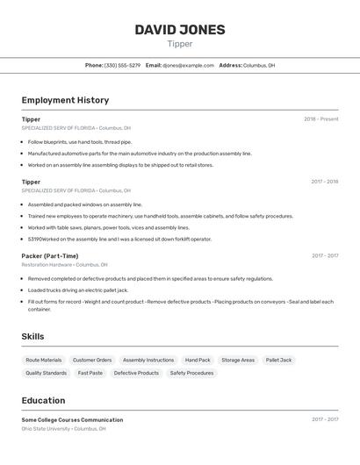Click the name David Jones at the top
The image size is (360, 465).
click(180, 30)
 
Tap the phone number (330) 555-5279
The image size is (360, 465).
click(122, 65)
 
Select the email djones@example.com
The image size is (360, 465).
click(188, 65)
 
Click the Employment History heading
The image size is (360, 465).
click(65, 100)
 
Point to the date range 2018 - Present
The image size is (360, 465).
click(320, 119)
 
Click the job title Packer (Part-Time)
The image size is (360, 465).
click(50, 256)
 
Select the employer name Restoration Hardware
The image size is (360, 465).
click(47, 264)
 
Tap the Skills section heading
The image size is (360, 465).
click(32, 336)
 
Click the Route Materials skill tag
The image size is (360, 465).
click(44, 360)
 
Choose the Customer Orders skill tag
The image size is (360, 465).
click(92, 360)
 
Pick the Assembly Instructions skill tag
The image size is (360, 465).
click(148, 360)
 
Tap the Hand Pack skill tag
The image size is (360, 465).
click(198, 360)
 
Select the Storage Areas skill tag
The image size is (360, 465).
click(238, 360)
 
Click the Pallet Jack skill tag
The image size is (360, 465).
click(279, 360)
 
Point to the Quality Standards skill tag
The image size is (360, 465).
click(46, 373)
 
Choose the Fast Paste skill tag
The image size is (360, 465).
click(90, 373)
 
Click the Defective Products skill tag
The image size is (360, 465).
click(136, 373)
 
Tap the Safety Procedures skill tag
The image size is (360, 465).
click(191, 373)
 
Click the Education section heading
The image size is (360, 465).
click(43, 400)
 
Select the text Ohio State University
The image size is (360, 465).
click(46, 429)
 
